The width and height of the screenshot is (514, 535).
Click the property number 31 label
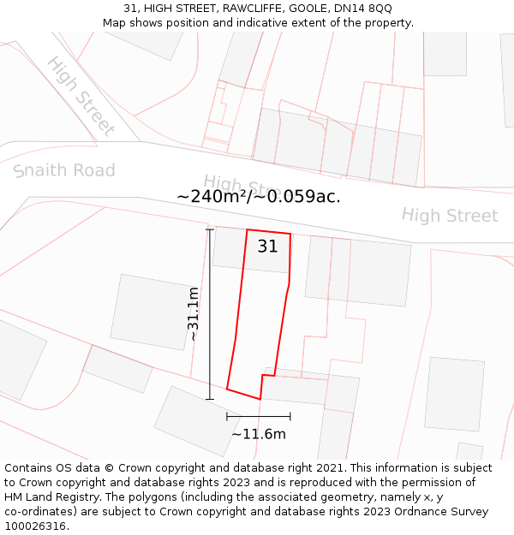(x=267, y=247)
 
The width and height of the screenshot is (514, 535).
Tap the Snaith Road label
(x=64, y=170)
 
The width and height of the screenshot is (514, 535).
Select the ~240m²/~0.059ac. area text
(x=259, y=196)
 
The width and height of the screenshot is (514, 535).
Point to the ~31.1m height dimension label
(x=194, y=313)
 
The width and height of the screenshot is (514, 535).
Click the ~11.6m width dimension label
(x=259, y=434)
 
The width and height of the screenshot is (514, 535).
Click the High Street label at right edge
(x=449, y=215)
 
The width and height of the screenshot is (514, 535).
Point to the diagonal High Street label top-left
(x=81, y=96)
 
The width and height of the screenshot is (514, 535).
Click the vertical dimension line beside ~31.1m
(x=209, y=313)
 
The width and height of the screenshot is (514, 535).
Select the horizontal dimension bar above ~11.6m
(x=259, y=417)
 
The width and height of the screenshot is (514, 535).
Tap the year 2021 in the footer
(x=329, y=468)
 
